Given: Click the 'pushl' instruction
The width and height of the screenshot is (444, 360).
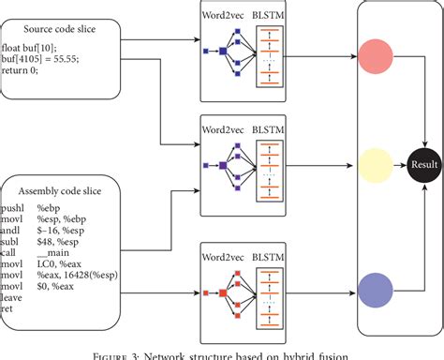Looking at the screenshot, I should (x=14, y=206).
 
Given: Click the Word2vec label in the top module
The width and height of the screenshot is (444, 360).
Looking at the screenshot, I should (x=225, y=16).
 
